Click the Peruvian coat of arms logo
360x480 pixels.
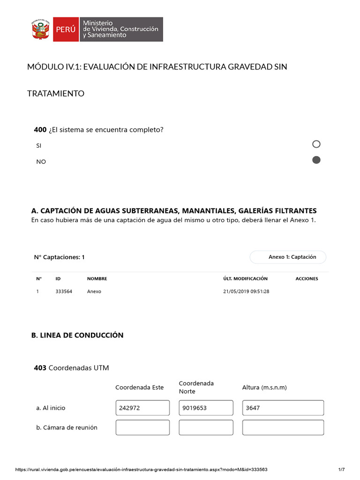[40, 29]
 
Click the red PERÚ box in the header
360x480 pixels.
[66, 29]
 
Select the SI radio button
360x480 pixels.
[316, 144]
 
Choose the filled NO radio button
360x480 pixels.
[316, 160]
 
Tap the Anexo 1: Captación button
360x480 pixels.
[292, 257]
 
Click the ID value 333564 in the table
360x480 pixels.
[64, 292]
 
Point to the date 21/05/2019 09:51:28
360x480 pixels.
[246, 292]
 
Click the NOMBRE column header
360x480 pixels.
[97, 279]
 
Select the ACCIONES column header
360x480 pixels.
[307, 279]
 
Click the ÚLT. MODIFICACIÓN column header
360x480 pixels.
[245, 279]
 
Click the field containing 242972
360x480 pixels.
[142, 408]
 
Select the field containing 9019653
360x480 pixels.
[206, 408]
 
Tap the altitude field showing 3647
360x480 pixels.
[283, 408]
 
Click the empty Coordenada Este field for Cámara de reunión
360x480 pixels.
[142, 427]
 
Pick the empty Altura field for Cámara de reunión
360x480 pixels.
[283, 427]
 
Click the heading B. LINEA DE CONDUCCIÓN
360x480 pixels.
[77, 335]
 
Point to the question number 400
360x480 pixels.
[40, 129]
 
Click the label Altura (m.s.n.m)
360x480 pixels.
[264, 388]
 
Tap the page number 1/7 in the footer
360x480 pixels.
[341, 470]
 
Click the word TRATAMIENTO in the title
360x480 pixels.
[56, 94]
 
